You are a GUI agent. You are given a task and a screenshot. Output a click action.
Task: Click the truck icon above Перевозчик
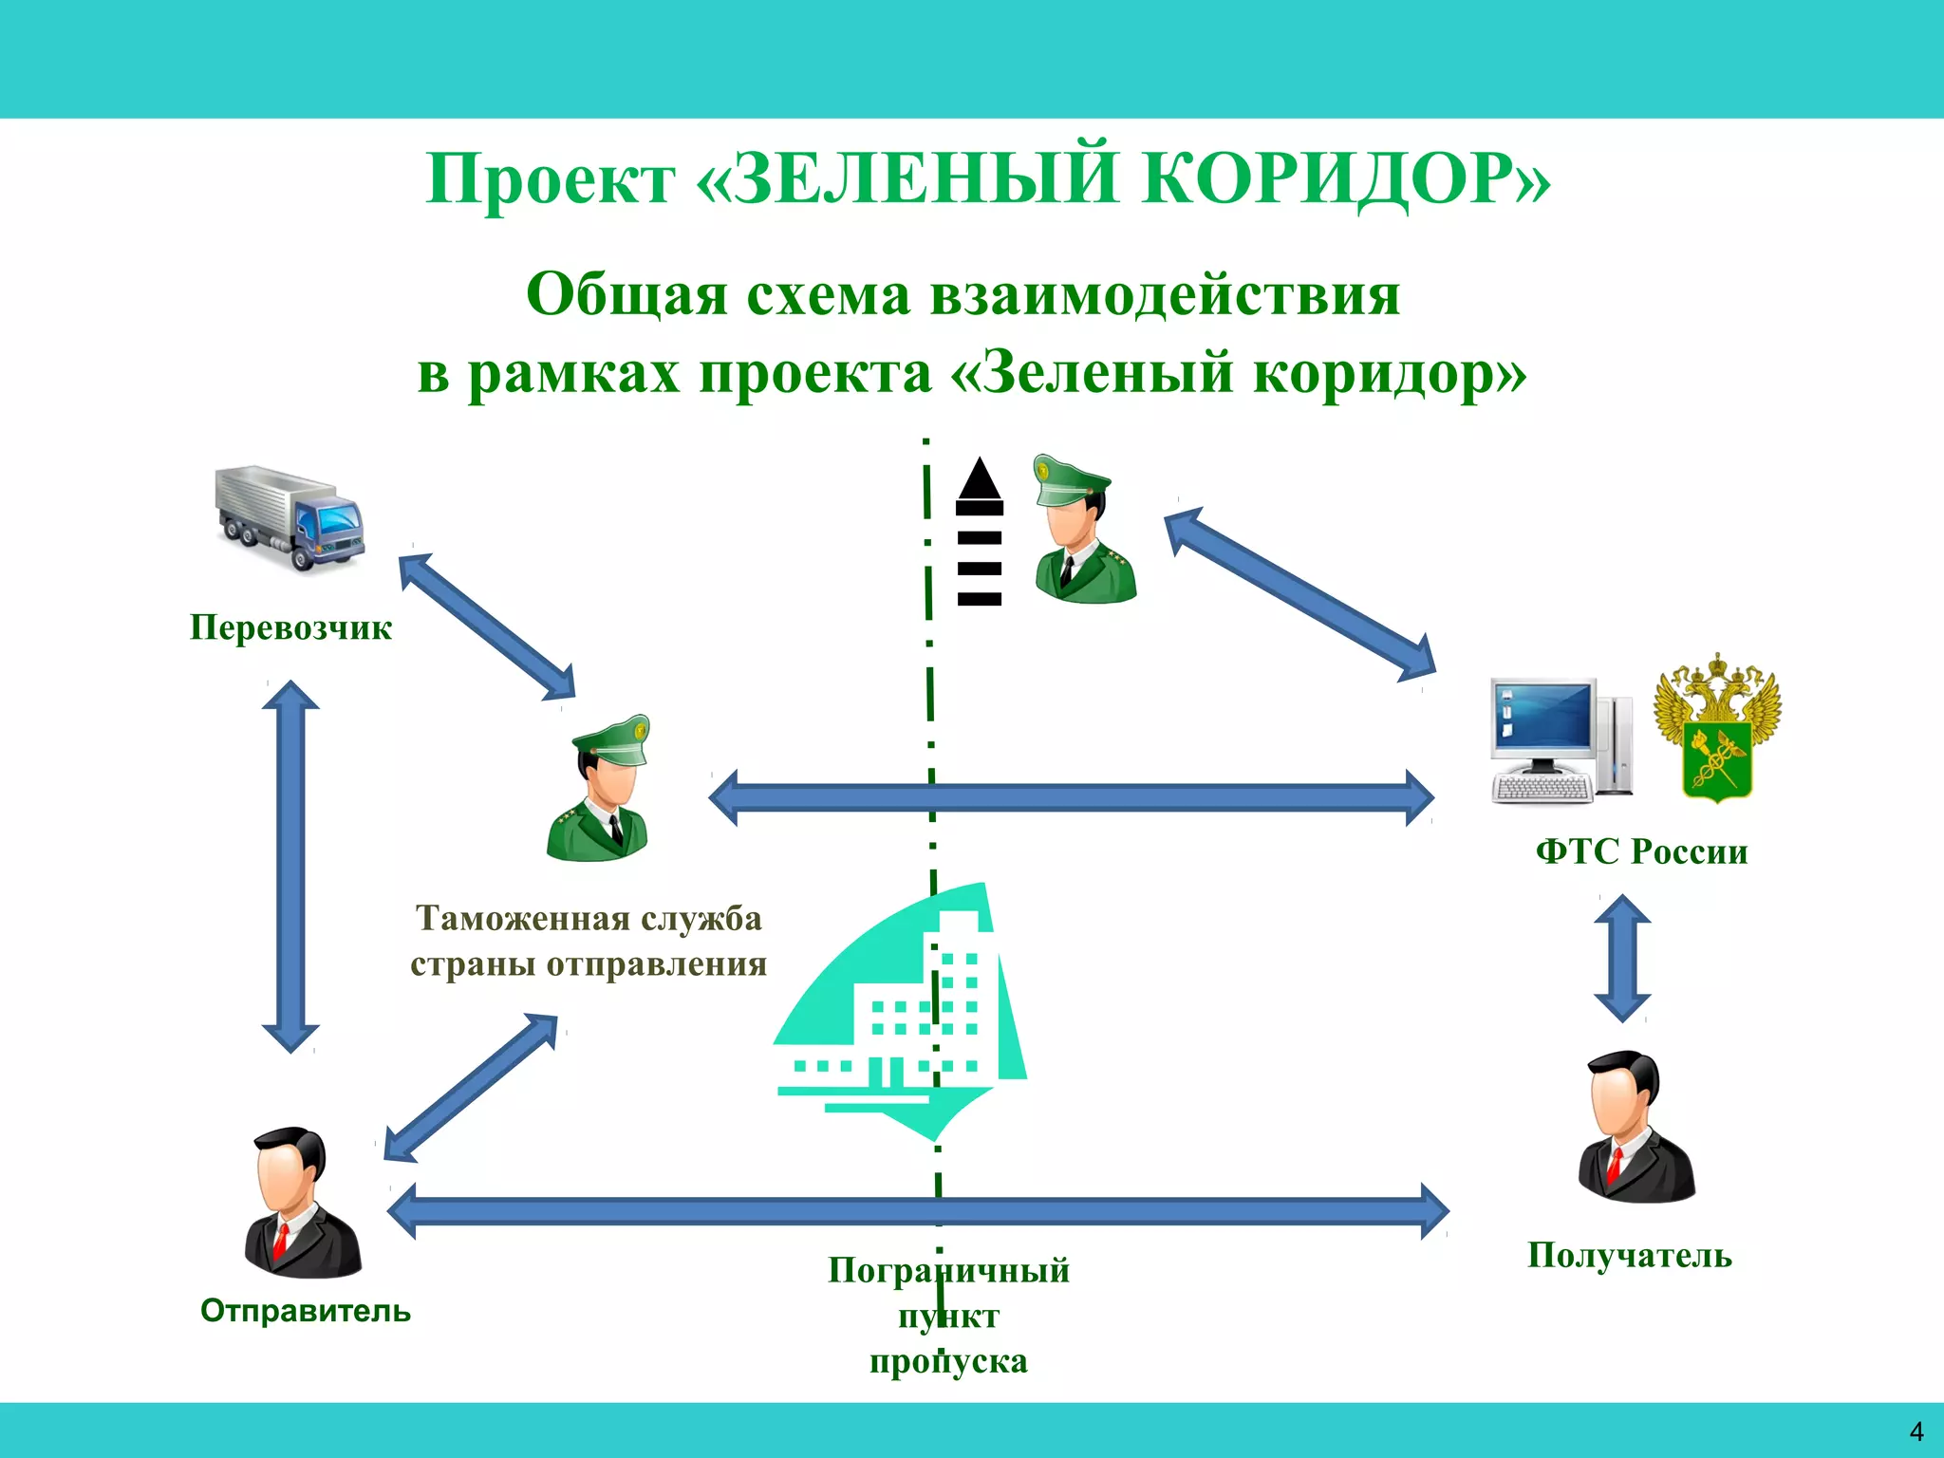click(x=290, y=518)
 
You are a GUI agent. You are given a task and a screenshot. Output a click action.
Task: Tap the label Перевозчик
click(x=290, y=627)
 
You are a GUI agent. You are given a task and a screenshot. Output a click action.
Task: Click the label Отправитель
click(x=306, y=1311)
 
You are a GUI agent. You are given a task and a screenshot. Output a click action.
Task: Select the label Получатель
click(x=1629, y=1256)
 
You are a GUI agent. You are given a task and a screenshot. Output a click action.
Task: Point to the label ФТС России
click(x=1641, y=851)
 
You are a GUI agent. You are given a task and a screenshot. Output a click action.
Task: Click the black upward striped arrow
click(x=980, y=532)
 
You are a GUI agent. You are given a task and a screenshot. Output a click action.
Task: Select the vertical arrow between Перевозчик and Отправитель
click(x=290, y=867)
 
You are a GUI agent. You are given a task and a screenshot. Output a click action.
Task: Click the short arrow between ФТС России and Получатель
click(x=1622, y=958)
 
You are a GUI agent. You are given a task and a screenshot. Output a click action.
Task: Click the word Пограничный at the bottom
click(x=948, y=1270)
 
